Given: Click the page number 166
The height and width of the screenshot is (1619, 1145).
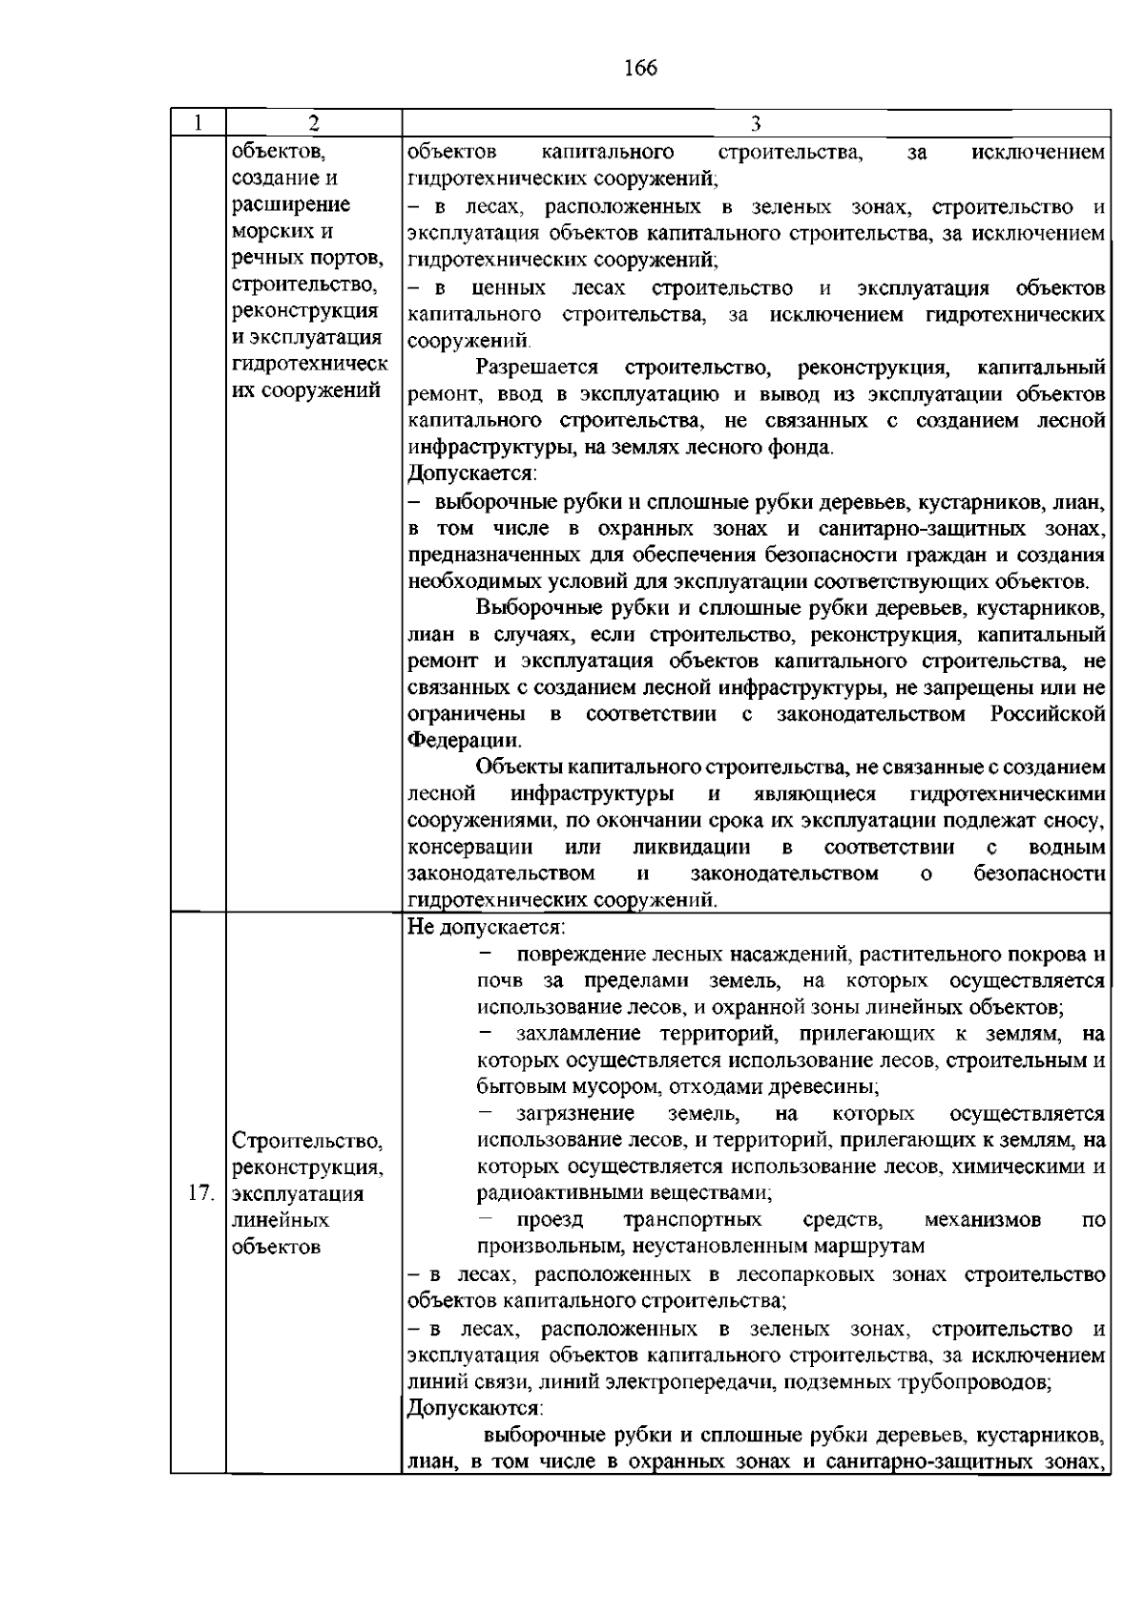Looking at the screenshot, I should click(640, 68).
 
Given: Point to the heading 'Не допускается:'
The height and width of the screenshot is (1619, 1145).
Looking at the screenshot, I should click(486, 926).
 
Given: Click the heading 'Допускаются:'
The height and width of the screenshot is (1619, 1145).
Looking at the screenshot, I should click(475, 1408).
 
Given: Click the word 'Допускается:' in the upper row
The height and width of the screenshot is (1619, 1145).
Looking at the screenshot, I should click(472, 473).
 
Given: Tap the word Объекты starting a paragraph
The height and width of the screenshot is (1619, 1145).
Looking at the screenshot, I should click(519, 767).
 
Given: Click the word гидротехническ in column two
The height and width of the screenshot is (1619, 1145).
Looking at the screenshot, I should click(310, 364).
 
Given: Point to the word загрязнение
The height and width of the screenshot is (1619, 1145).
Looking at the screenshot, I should click(575, 1113).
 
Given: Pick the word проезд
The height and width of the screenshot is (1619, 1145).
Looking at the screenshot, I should click(550, 1219).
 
